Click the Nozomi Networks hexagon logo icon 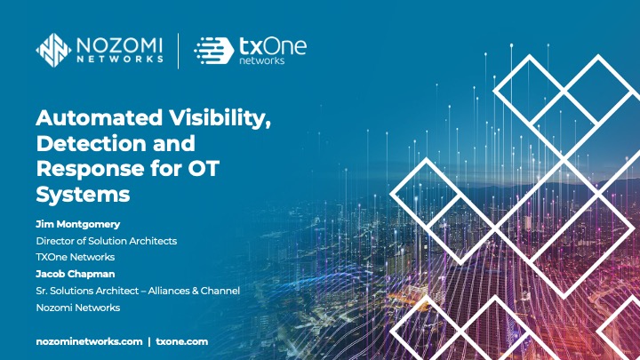tap(53, 50)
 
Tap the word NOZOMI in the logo tap(118, 42)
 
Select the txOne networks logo tap(249, 50)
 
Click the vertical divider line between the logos tap(178, 50)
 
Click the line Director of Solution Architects tap(106, 241)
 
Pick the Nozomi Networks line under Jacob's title tap(77, 308)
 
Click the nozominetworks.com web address tap(88, 341)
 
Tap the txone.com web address tap(181, 341)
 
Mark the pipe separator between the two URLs tap(148, 341)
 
